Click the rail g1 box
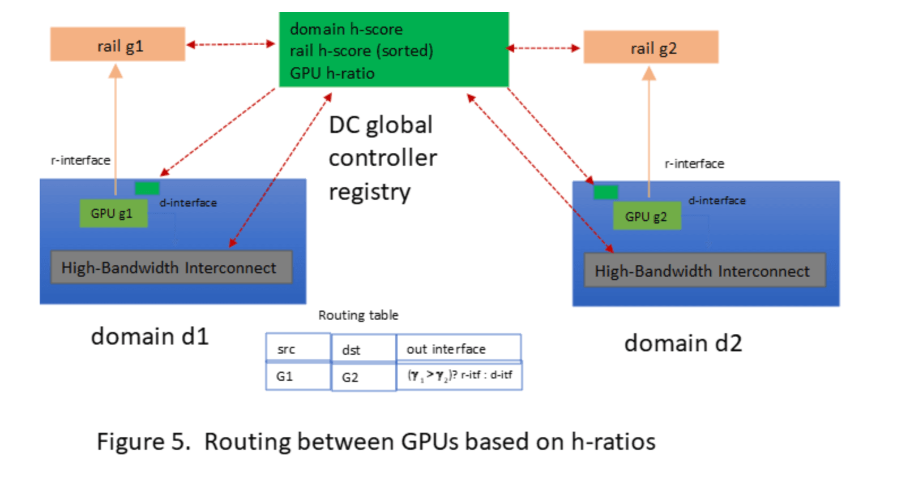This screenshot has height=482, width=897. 118,45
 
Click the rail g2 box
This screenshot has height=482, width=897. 651,48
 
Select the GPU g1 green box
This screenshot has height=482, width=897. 113,213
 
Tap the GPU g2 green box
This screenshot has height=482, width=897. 646,217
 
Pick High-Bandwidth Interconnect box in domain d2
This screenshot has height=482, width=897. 704,271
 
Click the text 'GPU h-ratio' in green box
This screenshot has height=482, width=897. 332,74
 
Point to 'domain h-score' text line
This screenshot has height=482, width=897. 346,29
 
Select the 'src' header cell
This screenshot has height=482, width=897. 298,348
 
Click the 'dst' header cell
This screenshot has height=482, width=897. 363,350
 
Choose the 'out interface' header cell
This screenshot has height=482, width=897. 458,348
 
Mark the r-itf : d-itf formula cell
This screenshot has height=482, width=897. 459,376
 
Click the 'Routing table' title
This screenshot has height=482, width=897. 358,315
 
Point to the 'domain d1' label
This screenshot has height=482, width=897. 149,337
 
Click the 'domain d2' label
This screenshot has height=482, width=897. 683,343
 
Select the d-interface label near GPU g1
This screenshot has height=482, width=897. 188,203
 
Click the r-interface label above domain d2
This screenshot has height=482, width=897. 694,164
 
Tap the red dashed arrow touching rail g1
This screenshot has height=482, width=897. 230,44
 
